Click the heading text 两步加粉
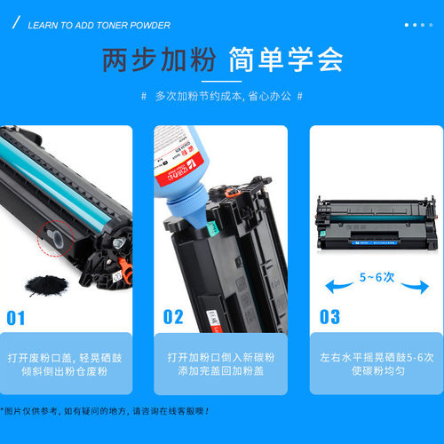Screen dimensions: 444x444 [159, 60]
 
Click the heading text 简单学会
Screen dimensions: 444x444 [285, 60]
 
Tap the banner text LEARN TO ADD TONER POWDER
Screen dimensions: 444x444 [99, 25]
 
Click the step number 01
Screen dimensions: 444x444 [17, 316]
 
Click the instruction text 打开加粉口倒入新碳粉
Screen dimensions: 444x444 [222, 357]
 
